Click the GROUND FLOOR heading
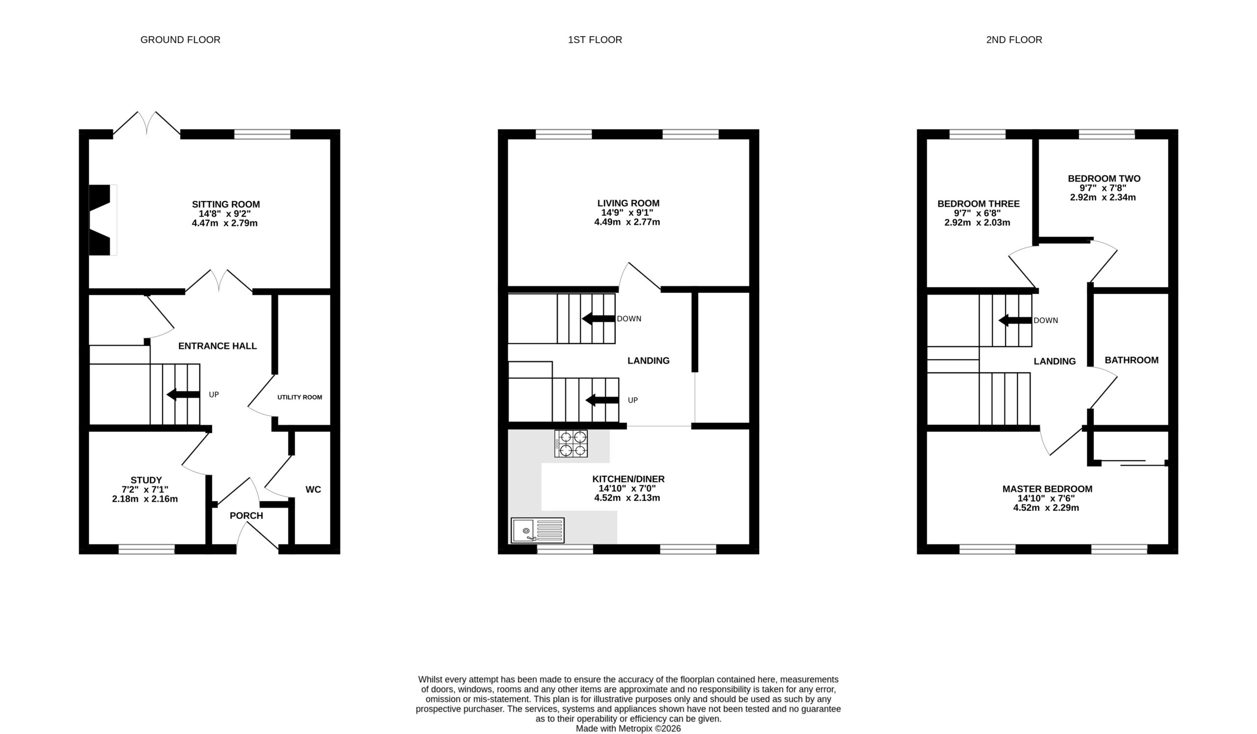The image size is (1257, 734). tap(180, 40)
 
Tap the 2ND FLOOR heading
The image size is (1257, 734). tap(1014, 40)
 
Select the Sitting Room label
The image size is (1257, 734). tap(226, 204)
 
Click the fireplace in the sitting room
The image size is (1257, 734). tap(103, 220)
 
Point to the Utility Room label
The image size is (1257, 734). tap(300, 397)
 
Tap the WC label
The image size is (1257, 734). tap(313, 489)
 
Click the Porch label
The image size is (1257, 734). tap(246, 515)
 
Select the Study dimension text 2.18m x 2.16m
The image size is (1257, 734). tap(145, 499)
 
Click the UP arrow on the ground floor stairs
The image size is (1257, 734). tap(183, 394)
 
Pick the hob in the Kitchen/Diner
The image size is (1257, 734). tap(571, 444)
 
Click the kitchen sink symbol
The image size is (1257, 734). tap(538, 530)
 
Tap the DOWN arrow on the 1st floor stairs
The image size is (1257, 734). tap(599, 318)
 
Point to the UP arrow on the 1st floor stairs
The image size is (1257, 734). tap(602, 400)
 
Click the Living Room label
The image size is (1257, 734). tap(628, 203)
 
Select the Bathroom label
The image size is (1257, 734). tap(1132, 360)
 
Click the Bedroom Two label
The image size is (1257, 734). tap(1104, 179)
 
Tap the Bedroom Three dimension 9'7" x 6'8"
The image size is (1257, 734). tap(978, 213)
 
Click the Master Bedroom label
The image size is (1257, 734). tap(1047, 489)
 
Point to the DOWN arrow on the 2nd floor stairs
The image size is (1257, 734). tap(1015, 320)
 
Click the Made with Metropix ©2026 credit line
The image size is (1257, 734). tap(628, 729)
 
